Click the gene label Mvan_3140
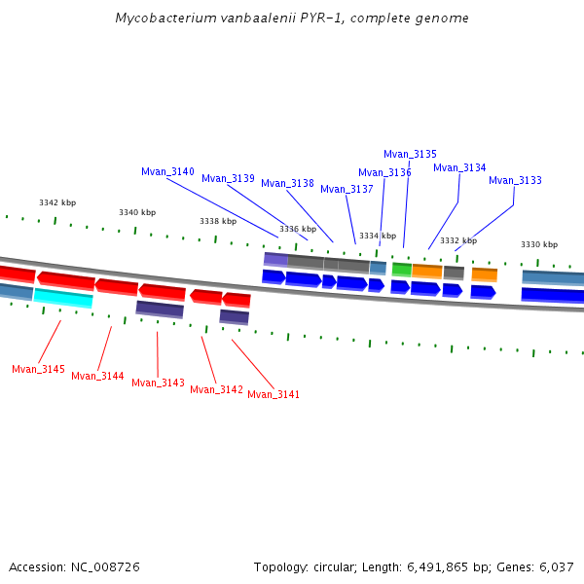click(167, 171)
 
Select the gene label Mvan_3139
click(228, 178)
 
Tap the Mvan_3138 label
click(287, 183)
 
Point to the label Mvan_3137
click(347, 189)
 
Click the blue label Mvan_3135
click(410, 154)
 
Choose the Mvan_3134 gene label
click(459, 167)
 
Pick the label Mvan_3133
click(515, 180)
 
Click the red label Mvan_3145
click(38, 369)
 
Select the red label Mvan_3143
click(158, 383)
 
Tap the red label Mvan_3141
click(274, 394)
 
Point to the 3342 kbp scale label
click(57, 202)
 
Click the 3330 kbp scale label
click(539, 244)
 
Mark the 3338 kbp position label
click(218, 221)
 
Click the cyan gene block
click(63, 298)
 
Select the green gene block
click(401, 269)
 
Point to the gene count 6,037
click(556, 566)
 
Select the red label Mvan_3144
click(97, 376)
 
